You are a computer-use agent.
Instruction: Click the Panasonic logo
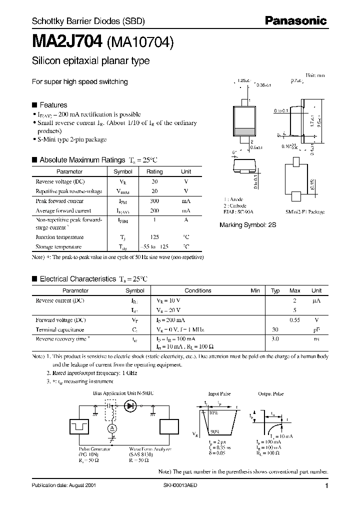click(295, 21)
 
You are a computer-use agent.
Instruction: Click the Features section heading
click(53, 105)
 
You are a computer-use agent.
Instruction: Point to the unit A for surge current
click(186, 219)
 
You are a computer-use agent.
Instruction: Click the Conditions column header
click(198, 290)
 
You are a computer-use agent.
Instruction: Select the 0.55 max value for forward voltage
click(295, 319)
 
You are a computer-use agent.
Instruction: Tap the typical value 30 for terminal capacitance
click(274, 329)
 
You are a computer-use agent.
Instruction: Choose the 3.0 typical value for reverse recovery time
click(274, 339)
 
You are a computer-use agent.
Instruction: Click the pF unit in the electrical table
click(316, 329)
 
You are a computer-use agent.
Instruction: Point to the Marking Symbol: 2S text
click(247, 225)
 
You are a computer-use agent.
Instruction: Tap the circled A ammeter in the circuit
click(112, 429)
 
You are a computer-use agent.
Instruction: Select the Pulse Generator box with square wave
click(81, 426)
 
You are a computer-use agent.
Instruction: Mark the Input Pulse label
click(218, 394)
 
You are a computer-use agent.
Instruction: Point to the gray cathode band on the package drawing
click(245, 132)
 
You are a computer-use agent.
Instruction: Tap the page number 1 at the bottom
click(326, 486)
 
